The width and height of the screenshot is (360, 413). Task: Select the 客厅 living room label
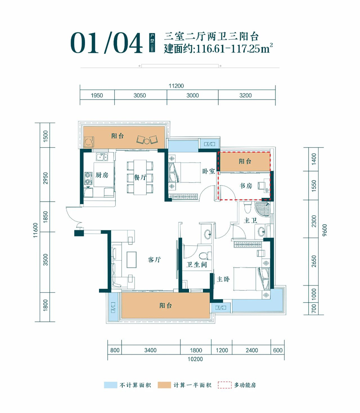pyautogui.click(x=155, y=260)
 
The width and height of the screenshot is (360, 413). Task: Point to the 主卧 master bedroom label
pyautogui.click(x=223, y=280)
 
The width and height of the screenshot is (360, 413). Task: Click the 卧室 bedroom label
pyautogui.click(x=209, y=171)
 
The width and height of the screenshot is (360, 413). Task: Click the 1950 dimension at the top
pyautogui.click(x=97, y=95)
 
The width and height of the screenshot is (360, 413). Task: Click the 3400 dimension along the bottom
pyautogui.click(x=150, y=349)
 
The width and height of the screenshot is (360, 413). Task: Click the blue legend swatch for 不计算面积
pyautogui.click(x=110, y=385)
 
